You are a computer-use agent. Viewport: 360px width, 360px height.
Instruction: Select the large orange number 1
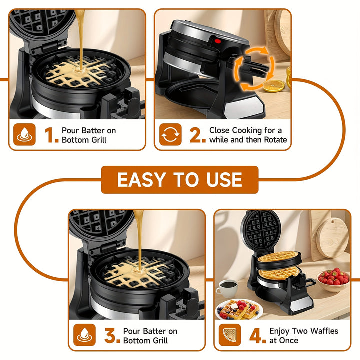coord(51,135)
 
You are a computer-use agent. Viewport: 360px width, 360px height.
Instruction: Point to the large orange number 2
coord(197,135)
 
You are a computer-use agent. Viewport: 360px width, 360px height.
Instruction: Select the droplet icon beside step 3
coord(84,335)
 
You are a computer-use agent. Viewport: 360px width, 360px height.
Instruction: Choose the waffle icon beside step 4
coord(230,335)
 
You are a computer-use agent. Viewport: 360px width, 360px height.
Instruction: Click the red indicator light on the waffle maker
coord(217,41)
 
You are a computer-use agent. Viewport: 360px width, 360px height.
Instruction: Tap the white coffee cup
coord(228,288)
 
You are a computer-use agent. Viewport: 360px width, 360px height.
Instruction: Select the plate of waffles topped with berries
coord(239,310)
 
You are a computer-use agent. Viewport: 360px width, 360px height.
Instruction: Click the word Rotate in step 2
coord(273,140)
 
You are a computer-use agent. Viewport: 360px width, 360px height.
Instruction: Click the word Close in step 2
coord(220,130)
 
